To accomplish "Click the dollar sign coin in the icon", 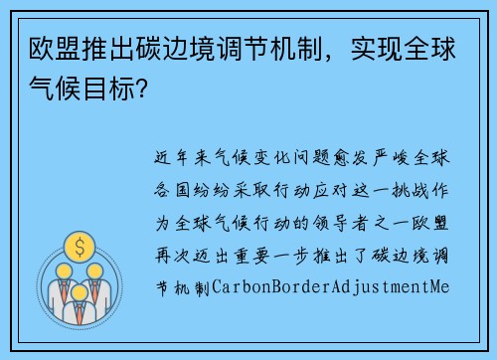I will tap(76, 245).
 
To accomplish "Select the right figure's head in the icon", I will tap(95, 270).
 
